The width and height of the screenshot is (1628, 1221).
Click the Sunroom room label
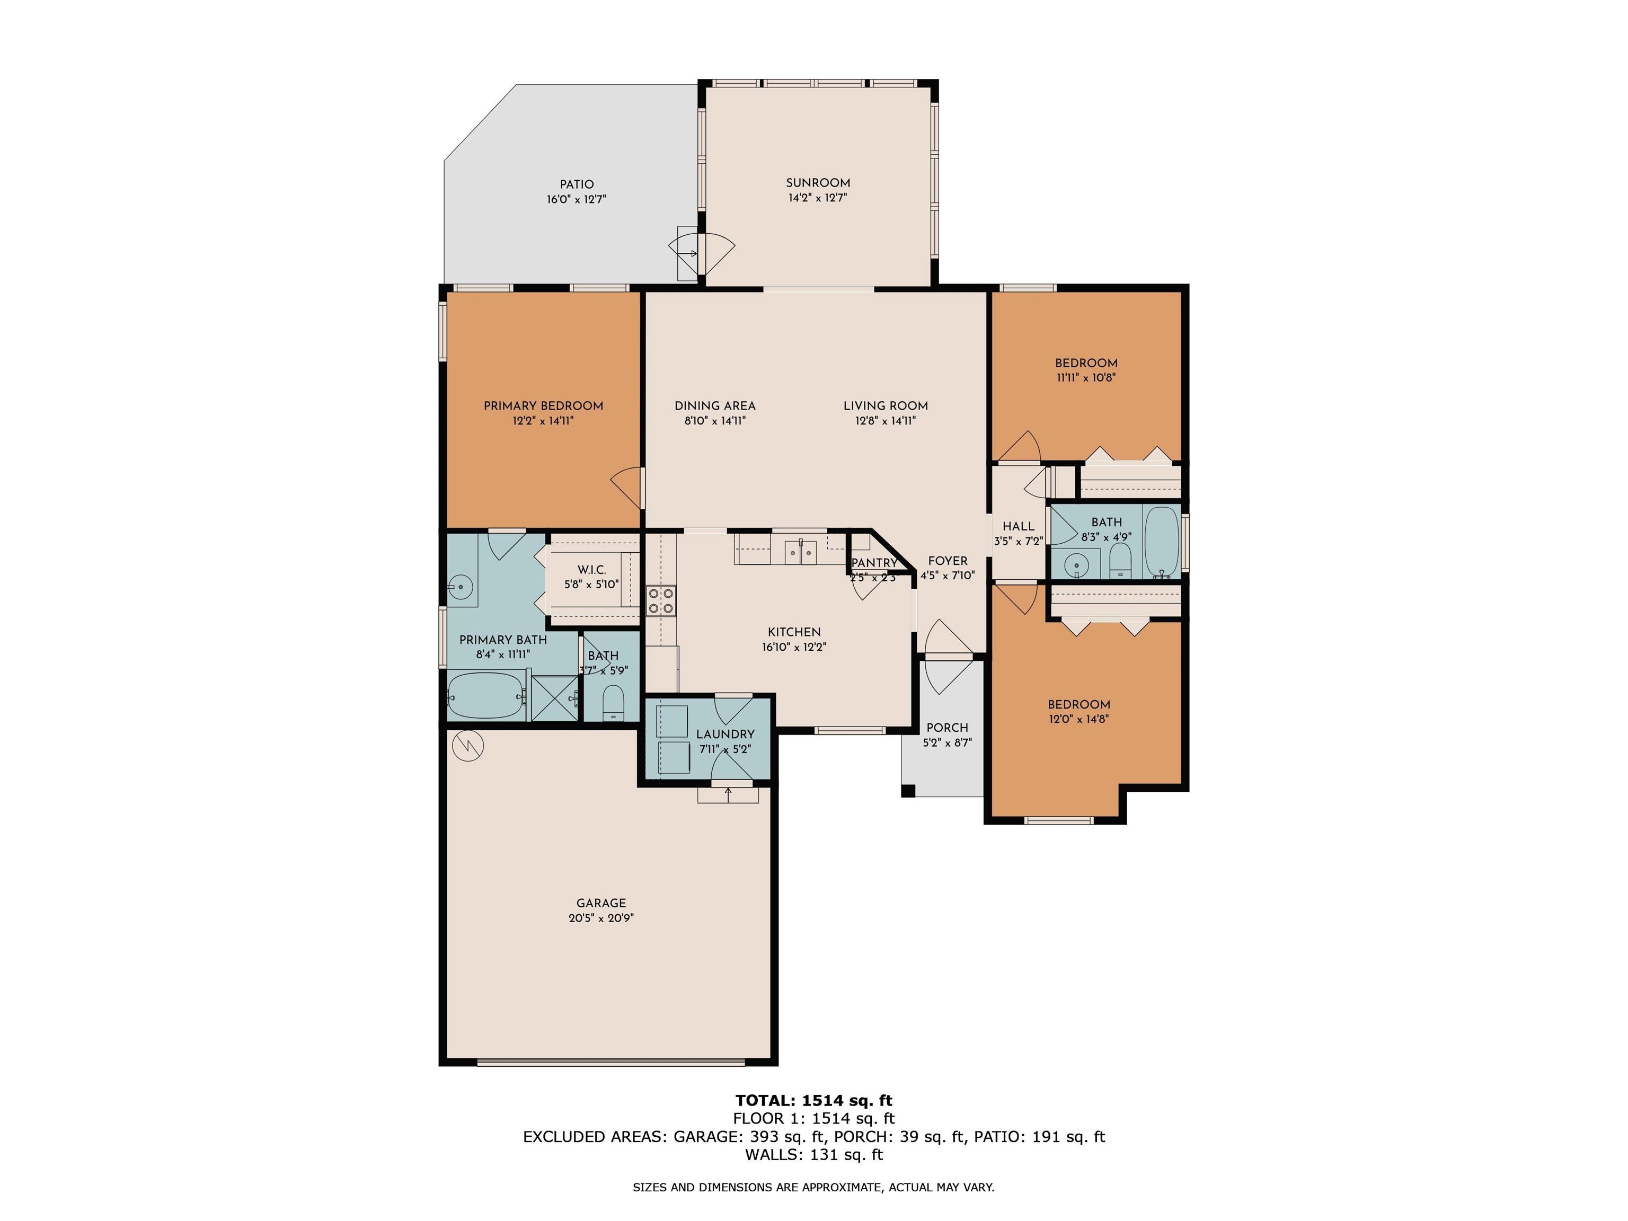click(818, 182)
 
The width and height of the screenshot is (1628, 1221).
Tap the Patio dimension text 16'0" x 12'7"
click(576, 199)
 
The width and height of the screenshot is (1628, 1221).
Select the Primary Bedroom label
click(543, 405)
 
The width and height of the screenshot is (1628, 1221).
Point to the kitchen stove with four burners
click(661, 600)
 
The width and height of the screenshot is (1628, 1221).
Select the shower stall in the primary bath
click(555, 698)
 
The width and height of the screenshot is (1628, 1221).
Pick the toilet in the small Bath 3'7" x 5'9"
click(613, 703)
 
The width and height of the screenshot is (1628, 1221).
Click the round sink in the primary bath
click(461, 587)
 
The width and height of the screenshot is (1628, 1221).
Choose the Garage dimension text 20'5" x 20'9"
click(601, 918)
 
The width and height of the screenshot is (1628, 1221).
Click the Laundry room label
click(725, 734)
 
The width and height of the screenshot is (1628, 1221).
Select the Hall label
click(1019, 526)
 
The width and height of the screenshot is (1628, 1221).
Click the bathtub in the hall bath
click(1162, 542)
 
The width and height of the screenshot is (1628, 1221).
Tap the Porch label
click(947, 728)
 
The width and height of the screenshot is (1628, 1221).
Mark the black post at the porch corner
click(908, 791)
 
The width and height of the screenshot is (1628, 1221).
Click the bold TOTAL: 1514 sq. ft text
click(813, 1100)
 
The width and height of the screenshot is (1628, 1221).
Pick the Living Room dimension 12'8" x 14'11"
click(886, 421)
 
